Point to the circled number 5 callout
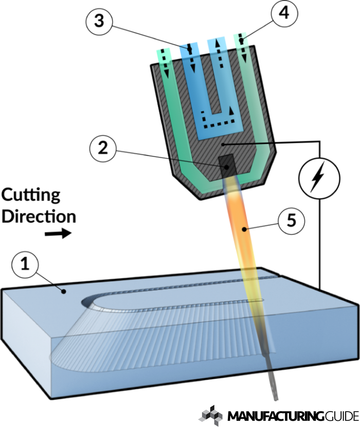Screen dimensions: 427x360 click(x=290, y=222)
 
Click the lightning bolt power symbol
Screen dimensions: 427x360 click(x=317, y=175)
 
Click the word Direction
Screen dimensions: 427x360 click(x=39, y=216)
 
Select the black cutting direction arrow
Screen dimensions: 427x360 click(x=58, y=235)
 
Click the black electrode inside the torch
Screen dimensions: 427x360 click(x=227, y=164)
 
